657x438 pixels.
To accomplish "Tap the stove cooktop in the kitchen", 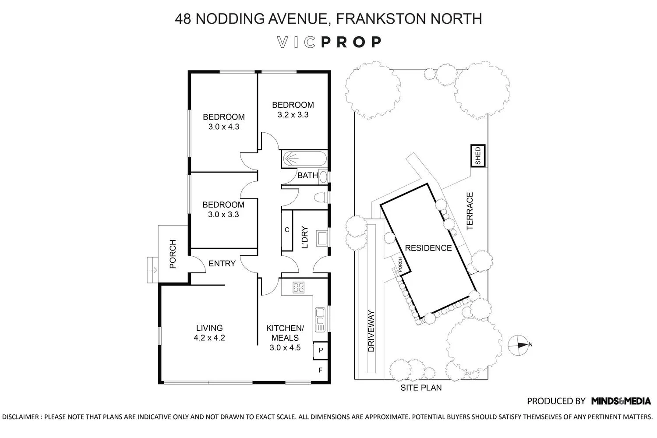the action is [x=299, y=287].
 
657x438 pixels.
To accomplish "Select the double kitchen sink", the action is [x=320, y=320].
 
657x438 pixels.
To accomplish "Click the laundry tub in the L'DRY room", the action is [x=322, y=238].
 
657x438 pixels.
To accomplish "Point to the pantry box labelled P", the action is [x=321, y=350].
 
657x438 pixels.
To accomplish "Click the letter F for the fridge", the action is [x=321, y=370].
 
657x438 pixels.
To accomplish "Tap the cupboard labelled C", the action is [x=287, y=230].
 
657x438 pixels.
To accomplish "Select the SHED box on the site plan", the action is [x=478, y=156].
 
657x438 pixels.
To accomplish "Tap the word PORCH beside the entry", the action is [x=173, y=254].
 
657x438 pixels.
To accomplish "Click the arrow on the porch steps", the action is [x=153, y=270].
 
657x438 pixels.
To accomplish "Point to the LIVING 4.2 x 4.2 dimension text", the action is [x=209, y=333].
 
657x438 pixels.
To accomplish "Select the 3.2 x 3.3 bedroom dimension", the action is [x=293, y=115].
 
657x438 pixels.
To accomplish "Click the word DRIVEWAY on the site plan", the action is [x=371, y=331].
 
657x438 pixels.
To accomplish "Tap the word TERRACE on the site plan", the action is [x=470, y=211].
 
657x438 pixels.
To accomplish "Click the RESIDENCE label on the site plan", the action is [x=428, y=248].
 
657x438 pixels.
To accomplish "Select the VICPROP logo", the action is [x=329, y=42].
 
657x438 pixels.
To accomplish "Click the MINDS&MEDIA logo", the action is [x=621, y=401].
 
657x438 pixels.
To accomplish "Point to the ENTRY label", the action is [x=222, y=264].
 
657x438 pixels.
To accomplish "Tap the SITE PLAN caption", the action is [x=421, y=388].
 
